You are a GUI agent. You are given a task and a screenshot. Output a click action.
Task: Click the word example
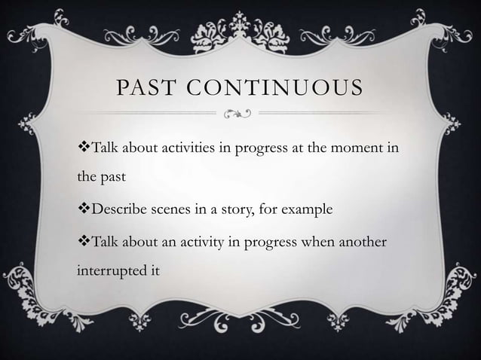[x=308, y=208]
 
